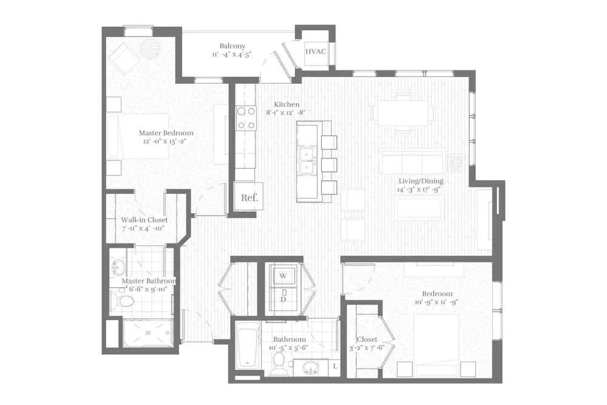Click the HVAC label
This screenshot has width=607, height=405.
click(316, 52)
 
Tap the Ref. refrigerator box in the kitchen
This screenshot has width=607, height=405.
click(249, 197)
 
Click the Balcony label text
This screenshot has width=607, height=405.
click(232, 46)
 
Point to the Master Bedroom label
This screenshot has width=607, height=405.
click(166, 133)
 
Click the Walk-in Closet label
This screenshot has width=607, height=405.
click(144, 220)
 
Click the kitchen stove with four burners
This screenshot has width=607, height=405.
click(246, 118)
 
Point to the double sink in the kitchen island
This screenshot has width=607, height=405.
click(307, 160)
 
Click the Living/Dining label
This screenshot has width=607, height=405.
click(421, 181)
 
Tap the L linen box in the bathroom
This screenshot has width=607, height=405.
click(334, 366)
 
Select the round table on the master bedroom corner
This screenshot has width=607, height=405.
click(151, 47)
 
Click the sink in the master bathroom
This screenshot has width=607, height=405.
click(118, 267)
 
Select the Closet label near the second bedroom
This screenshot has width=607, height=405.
click(367, 339)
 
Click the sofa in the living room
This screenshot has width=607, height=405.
click(412, 162)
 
